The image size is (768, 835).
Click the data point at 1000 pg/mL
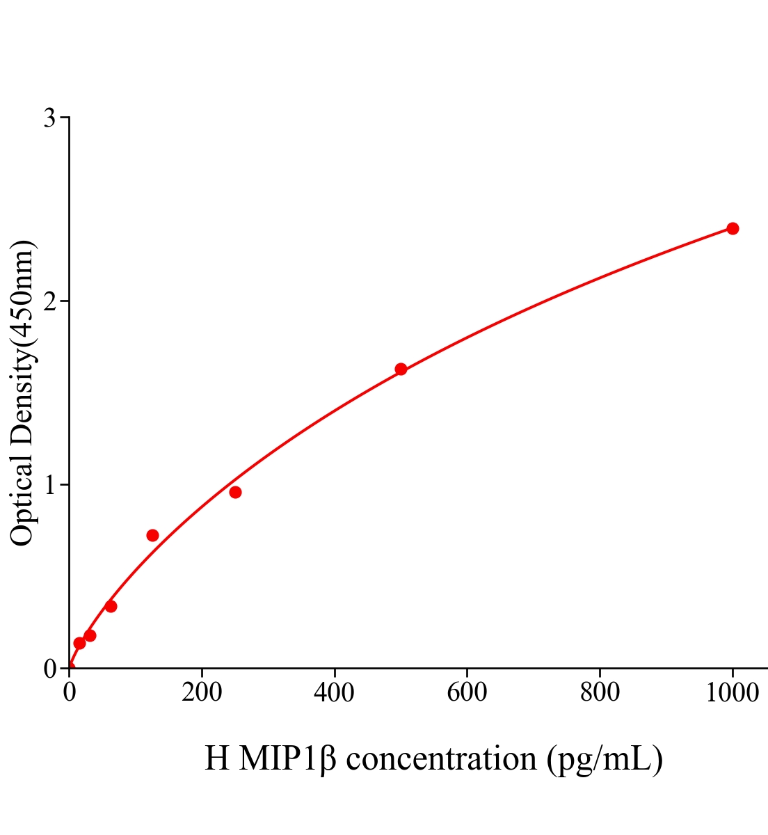pos(733,228)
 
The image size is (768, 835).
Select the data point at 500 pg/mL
pos(401,369)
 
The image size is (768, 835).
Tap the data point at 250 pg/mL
pos(235,492)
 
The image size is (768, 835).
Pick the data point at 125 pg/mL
pos(152,535)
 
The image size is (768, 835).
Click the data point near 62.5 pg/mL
pos(111,606)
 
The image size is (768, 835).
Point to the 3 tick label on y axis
pos(49,118)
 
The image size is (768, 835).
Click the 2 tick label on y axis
pos(49,301)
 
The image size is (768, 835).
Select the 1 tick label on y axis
pos(49,485)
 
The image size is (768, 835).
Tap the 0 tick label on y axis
pos(49,669)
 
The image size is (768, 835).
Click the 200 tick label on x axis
pos(202,693)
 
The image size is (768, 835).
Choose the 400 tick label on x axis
pos(335,693)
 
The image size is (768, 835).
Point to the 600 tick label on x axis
pos(467,693)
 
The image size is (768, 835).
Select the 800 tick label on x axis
pos(600,693)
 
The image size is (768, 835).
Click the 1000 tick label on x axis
pos(732,693)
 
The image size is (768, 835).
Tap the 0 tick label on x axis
pos(70,693)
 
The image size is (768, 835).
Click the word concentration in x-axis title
pos(441,758)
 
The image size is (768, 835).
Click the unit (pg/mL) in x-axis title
pos(605,758)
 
